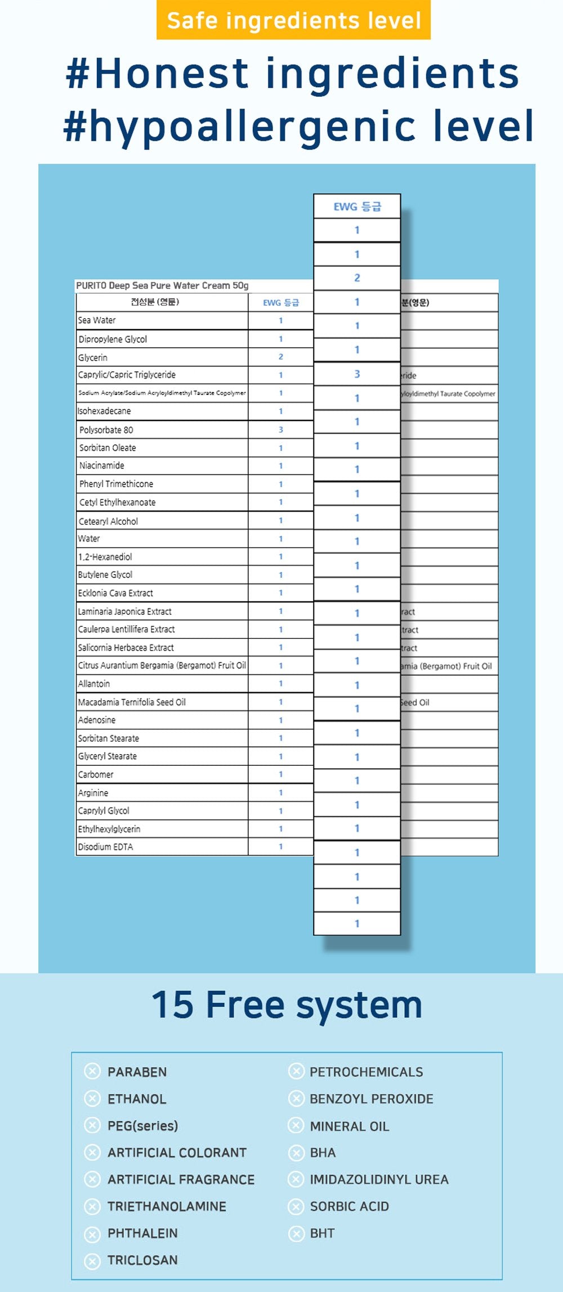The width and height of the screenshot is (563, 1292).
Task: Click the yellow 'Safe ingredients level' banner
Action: point(293,21)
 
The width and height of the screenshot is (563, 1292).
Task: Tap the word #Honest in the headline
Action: point(157,74)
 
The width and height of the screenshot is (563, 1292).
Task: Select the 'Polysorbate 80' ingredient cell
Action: point(106,430)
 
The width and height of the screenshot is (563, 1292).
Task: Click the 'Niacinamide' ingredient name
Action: point(102,465)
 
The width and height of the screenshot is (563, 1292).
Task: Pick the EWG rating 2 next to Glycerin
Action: point(280,357)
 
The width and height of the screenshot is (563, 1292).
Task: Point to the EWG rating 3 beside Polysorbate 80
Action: point(280,430)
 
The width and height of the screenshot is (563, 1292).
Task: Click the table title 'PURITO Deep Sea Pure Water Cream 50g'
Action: point(162,286)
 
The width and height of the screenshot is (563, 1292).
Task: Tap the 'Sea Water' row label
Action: point(97,320)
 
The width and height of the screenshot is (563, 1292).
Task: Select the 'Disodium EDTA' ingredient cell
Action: point(106,847)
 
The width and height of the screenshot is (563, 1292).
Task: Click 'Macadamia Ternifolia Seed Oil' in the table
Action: point(132,702)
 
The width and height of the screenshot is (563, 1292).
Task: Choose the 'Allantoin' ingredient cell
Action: point(94,684)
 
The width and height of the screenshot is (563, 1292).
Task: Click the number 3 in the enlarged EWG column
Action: point(357,374)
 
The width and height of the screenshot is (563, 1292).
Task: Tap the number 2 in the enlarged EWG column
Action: point(357,278)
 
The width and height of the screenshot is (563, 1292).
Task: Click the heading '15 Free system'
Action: point(287,1005)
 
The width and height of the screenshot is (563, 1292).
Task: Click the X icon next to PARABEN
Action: point(92,1071)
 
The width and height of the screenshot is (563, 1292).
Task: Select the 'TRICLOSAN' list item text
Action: point(142,1260)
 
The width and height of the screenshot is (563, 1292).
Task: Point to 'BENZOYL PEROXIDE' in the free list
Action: point(372,1098)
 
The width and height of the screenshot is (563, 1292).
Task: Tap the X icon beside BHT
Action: point(296,1233)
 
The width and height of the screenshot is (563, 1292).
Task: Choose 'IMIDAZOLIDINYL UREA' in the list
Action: point(379,1179)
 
